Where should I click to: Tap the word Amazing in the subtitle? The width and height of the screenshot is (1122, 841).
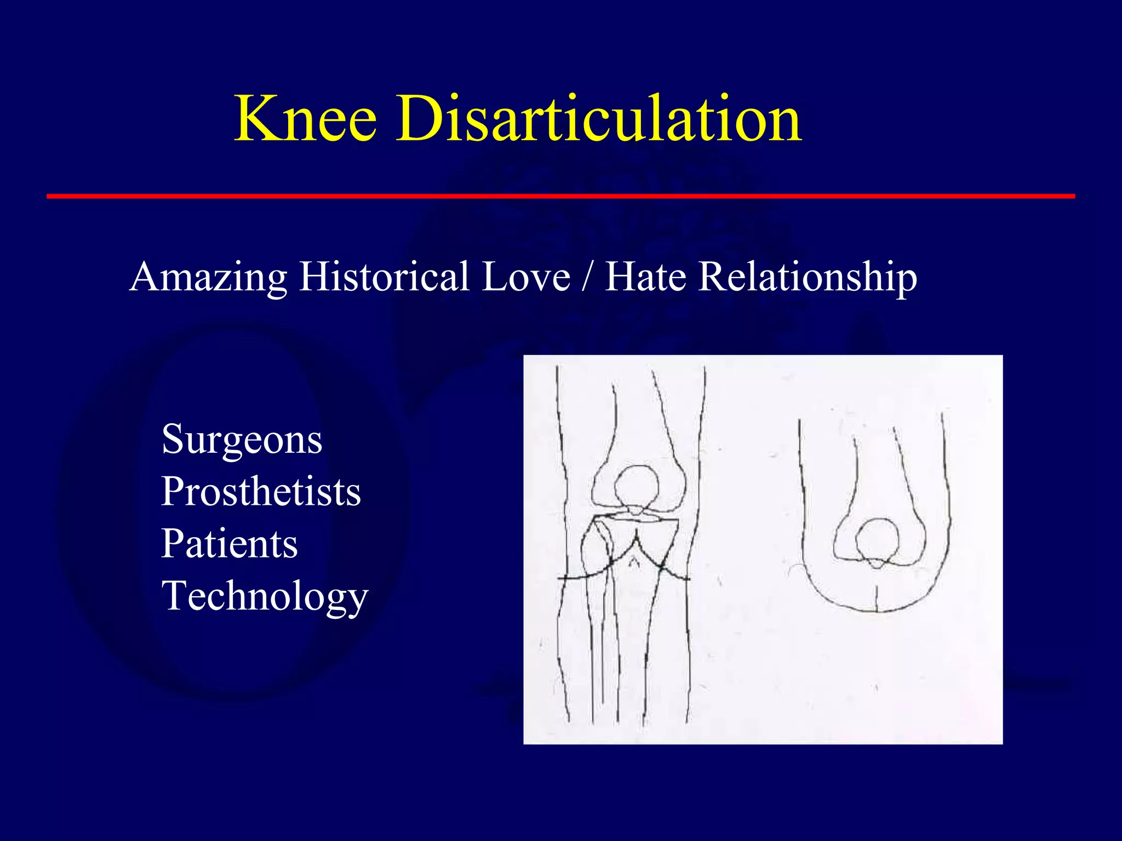click(208, 277)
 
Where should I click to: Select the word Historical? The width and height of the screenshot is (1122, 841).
click(384, 276)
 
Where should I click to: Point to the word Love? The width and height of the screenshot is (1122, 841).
click(525, 276)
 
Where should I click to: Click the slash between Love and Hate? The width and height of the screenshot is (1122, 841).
click(587, 276)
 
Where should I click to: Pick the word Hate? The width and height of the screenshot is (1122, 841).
click(645, 276)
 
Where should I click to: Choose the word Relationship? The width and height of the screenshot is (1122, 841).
click(808, 277)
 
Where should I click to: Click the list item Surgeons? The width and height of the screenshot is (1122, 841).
click(242, 440)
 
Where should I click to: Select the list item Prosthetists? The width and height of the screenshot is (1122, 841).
click(261, 491)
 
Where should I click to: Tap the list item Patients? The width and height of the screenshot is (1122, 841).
click(230, 544)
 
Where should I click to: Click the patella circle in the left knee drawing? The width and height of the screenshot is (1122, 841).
click(636, 485)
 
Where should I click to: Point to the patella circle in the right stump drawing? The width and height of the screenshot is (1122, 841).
click(877, 539)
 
